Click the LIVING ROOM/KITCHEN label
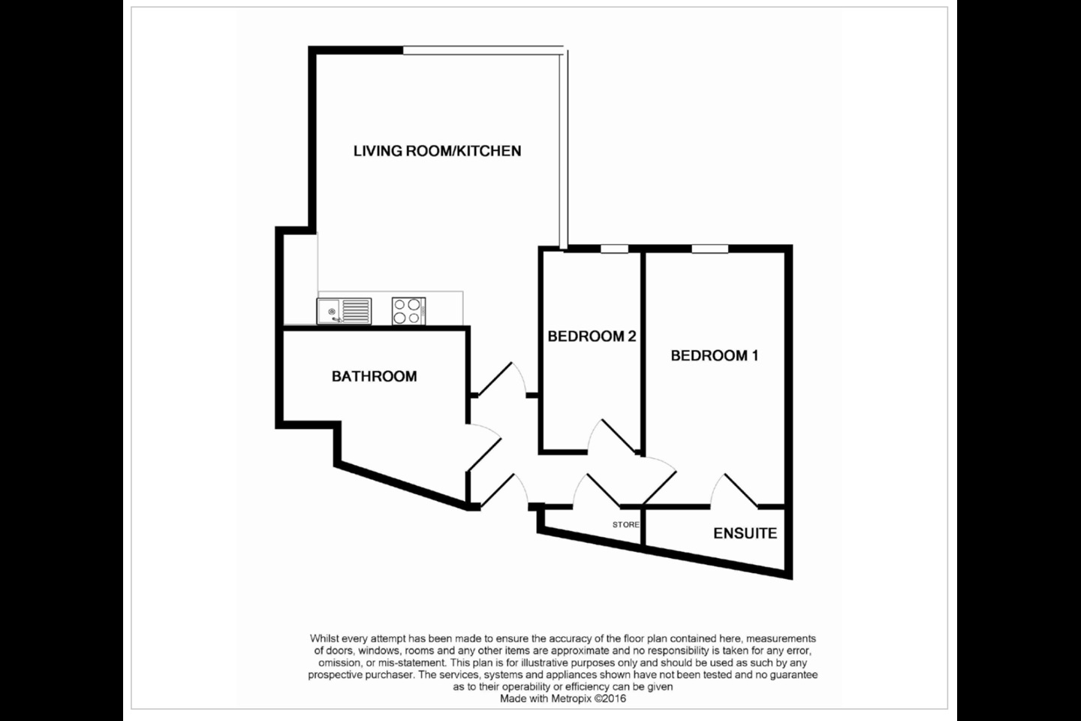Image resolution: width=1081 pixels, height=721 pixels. [437, 151]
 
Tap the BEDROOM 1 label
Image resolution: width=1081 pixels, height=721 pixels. [714, 356]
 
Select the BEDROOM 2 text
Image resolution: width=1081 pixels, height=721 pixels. [592, 336]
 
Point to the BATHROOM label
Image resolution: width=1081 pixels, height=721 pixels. [374, 377]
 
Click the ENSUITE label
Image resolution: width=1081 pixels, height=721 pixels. [745, 533]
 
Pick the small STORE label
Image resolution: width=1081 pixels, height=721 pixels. [626, 524]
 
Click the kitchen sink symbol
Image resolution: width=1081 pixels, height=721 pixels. [344, 311]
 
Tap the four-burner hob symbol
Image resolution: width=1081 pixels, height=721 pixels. [408, 311]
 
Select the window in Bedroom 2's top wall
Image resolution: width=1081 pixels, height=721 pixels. [614, 249]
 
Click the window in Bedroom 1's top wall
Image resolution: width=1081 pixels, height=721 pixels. [710, 249]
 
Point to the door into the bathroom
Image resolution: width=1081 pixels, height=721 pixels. [484, 447]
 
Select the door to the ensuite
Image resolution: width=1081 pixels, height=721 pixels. [733, 490]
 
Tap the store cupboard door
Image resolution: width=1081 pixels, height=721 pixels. [597, 491]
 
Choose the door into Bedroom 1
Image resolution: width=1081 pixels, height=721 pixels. [659, 481]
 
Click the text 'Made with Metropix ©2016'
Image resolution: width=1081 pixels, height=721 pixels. [563, 698]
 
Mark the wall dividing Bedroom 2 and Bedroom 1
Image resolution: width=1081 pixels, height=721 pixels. [643, 351]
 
